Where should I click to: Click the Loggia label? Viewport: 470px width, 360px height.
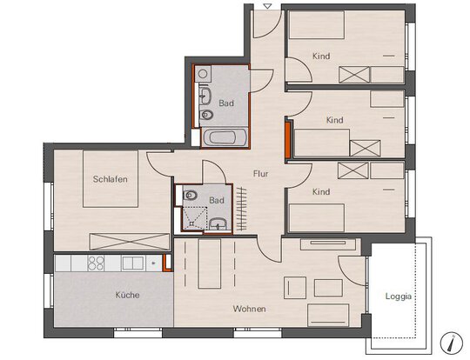point(399,297)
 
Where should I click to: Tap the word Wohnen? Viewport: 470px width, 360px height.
point(250,309)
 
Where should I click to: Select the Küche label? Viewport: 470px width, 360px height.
point(127,295)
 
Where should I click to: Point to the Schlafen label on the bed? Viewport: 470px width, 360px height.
point(110,179)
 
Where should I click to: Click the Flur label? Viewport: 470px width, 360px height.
point(260,174)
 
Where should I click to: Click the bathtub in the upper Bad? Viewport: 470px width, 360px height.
point(225,137)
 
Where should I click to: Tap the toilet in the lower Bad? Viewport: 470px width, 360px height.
point(190,196)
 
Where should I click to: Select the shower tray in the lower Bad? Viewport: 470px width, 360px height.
point(195,217)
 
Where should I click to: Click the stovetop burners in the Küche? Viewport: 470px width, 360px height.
point(96,263)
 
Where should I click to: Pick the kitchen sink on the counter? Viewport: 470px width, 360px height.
point(133,263)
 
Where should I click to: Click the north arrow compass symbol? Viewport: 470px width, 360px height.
point(452,342)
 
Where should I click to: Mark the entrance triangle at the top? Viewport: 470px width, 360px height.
point(267,6)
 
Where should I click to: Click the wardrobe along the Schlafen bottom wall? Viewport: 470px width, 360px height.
point(130,242)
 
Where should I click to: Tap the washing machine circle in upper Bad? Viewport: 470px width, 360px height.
point(203,73)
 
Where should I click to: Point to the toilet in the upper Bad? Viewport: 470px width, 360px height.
point(206,115)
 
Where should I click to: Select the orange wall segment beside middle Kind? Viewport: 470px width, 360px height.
point(288,140)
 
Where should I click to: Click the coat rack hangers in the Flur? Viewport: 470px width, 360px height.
point(241,209)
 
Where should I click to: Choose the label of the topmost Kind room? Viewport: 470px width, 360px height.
point(321,56)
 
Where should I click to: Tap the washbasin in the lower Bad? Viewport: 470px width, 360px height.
point(218,224)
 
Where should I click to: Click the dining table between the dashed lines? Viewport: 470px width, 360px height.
point(210,263)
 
